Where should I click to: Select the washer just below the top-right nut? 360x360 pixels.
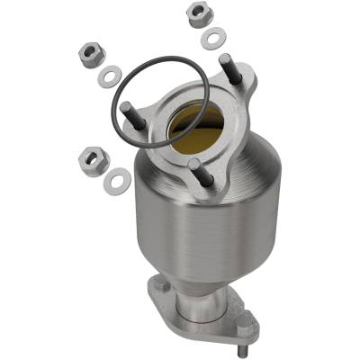tap(214, 39)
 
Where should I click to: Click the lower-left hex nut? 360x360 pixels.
tap(93, 162)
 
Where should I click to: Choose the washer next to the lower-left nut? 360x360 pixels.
tap(115, 182)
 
